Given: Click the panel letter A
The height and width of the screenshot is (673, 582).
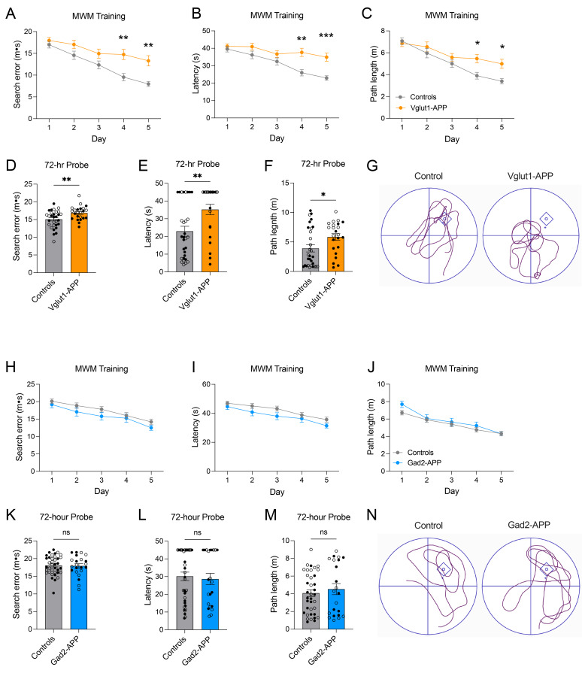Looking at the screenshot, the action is click(x=11, y=14).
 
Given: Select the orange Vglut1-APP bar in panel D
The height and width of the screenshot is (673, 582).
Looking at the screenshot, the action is click(x=79, y=242).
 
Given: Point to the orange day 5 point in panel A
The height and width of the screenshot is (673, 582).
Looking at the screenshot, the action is click(x=148, y=60).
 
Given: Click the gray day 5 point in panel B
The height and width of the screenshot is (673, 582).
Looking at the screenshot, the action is click(x=326, y=78).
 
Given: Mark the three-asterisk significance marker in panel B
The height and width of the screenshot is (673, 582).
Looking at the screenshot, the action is click(x=326, y=35).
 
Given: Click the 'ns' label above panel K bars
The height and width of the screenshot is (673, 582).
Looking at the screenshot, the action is click(x=66, y=532).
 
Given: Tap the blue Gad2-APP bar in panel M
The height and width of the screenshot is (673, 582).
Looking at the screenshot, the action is click(x=337, y=609).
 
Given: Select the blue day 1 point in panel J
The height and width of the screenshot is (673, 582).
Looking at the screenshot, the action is click(x=402, y=405).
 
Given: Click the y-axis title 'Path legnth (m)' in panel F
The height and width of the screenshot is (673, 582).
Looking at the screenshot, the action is click(x=274, y=226).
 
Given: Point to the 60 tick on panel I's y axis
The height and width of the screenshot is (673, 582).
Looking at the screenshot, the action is click(x=206, y=384).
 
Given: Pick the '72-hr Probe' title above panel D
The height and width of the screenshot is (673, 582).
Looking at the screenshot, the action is click(x=66, y=165).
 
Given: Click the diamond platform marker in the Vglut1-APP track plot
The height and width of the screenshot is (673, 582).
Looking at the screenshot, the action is click(x=546, y=219).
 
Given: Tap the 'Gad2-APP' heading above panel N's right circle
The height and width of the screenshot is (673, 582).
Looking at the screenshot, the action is click(x=529, y=525).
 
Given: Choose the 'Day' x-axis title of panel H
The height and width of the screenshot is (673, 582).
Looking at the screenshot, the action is click(x=102, y=491).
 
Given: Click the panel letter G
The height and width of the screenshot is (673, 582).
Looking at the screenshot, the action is click(x=372, y=165).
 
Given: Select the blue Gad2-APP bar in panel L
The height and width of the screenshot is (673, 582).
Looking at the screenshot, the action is click(x=211, y=605).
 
